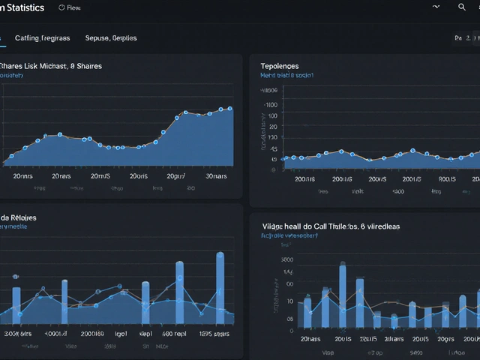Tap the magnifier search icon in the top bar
(x=462, y=7)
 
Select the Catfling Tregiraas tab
(x=43, y=37)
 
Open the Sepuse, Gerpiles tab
(x=111, y=37)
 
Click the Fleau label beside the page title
(x=72, y=8)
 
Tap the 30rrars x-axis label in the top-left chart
(x=217, y=176)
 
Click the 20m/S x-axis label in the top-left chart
(x=100, y=176)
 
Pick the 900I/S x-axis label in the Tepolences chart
(x=447, y=179)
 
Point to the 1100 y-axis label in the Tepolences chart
(x=270, y=106)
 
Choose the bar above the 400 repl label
(x=179, y=292)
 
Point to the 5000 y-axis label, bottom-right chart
(x=286, y=259)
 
